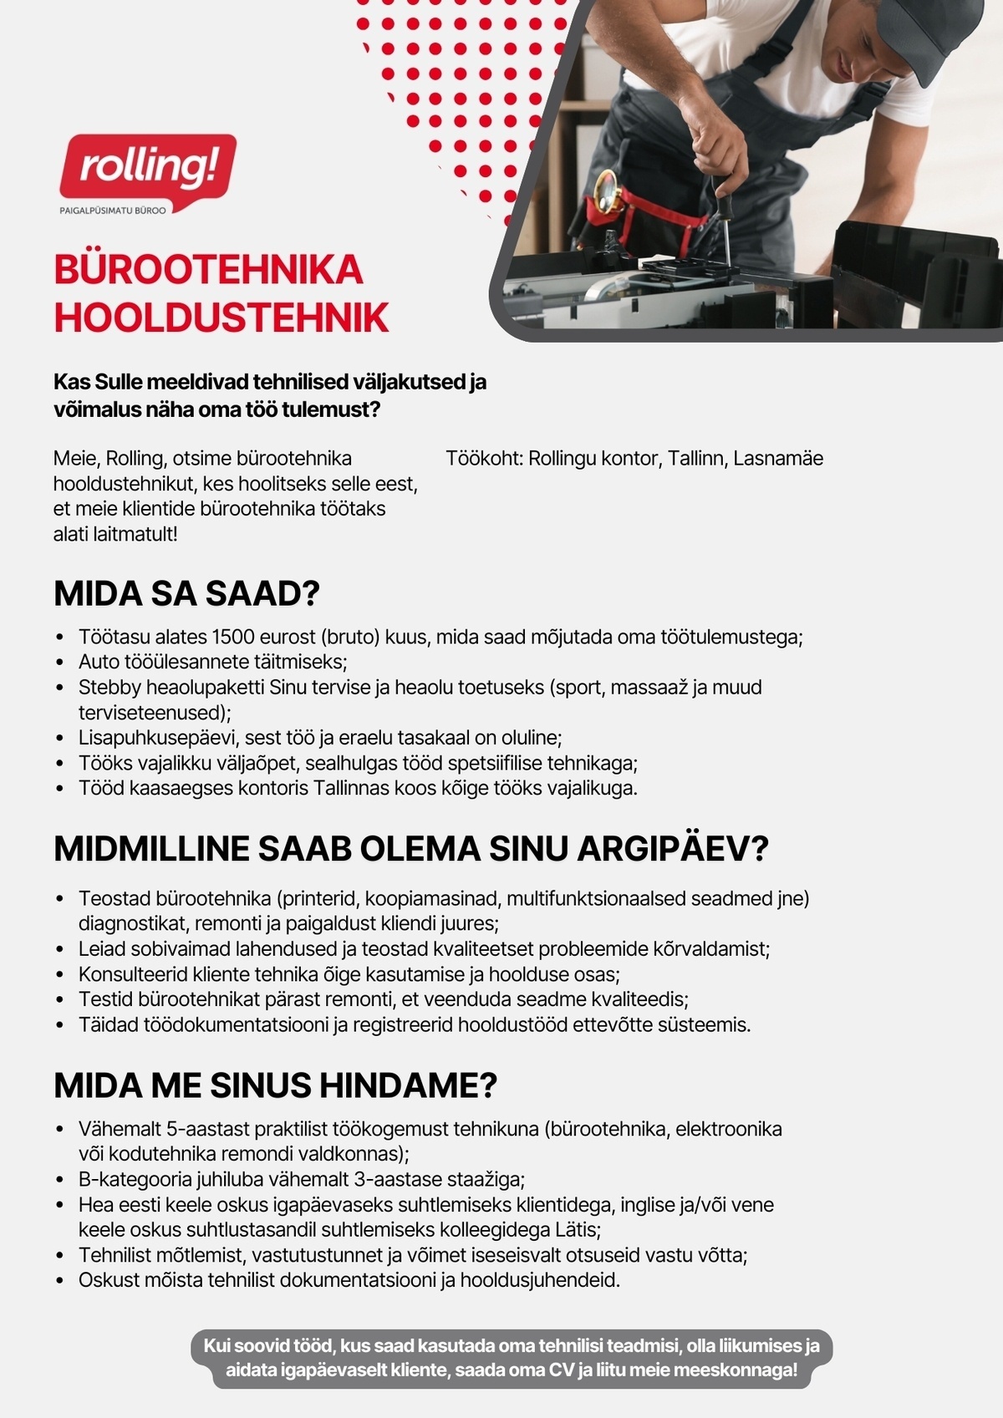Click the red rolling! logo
tap(148, 167)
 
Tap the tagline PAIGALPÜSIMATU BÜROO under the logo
tap(113, 210)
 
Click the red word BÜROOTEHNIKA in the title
tap(208, 270)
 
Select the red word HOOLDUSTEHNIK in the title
tap(221, 318)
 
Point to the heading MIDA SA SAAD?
tap(186, 593)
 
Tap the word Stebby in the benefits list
tap(109, 688)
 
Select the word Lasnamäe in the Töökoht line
tap(778, 458)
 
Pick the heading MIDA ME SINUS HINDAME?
tap(275, 1085)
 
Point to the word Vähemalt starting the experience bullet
tap(120, 1130)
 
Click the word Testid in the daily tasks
tap(105, 999)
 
